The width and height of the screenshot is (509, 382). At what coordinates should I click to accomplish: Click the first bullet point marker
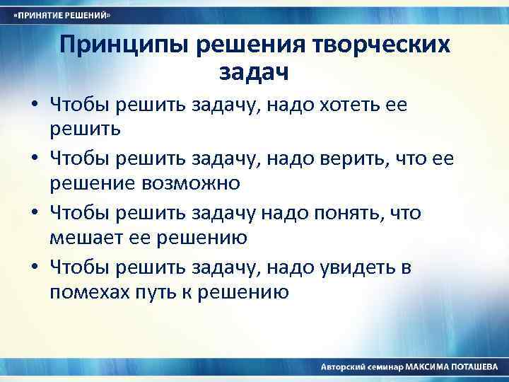tap(34, 107)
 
